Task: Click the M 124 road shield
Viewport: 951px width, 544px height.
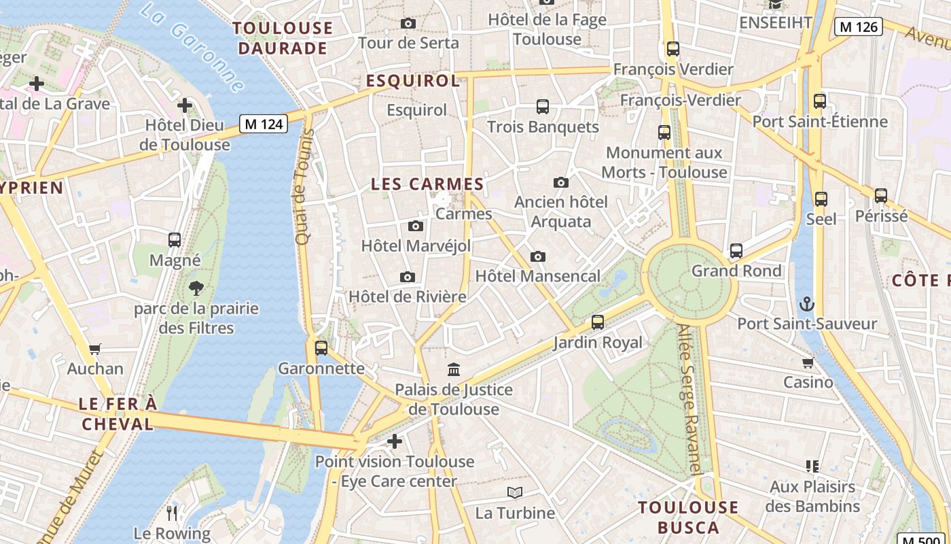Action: point(264,124)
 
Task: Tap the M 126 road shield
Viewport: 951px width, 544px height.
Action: point(858,27)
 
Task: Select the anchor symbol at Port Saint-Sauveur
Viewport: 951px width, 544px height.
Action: point(807,303)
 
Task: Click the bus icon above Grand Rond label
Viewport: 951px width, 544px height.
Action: point(736,250)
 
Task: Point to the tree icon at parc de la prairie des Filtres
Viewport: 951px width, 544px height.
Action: point(196,288)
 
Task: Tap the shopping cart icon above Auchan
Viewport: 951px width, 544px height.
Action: point(95,349)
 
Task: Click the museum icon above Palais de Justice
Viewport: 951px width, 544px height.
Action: point(454,369)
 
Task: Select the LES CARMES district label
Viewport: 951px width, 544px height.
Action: point(427,184)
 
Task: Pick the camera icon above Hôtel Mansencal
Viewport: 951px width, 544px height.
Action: point(538,256)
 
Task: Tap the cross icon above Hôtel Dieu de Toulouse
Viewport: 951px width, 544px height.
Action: point(184,105)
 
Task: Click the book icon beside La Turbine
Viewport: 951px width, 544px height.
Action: point(515,492)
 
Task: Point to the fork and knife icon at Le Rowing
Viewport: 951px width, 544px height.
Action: point(172,513)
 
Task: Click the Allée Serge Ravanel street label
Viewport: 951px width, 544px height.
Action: point(689,398)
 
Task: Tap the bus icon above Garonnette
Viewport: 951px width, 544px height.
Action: point(321,348)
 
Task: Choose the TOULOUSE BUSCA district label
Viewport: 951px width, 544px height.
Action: point(688,517)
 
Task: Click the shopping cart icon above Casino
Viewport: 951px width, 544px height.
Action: point(808,362)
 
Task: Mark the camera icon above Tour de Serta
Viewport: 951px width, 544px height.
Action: point(408,23)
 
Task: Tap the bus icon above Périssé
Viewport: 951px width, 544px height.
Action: point(881,196)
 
